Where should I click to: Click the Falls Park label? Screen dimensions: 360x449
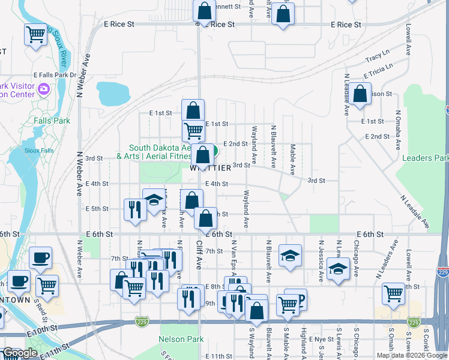pos(52,121)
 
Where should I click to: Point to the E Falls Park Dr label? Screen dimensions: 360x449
pos(55,75)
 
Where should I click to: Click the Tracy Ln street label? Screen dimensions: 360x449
pos(377,58)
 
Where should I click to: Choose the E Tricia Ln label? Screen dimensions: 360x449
pos(381,71)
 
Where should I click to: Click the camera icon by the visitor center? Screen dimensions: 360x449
pos(43,89)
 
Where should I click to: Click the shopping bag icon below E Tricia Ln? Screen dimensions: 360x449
pos(359,94)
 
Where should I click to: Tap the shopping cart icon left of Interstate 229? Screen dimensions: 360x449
pos(393,293)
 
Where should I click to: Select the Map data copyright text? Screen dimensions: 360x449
pos(411,355)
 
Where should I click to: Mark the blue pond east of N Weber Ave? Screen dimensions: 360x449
pos(113,93)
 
